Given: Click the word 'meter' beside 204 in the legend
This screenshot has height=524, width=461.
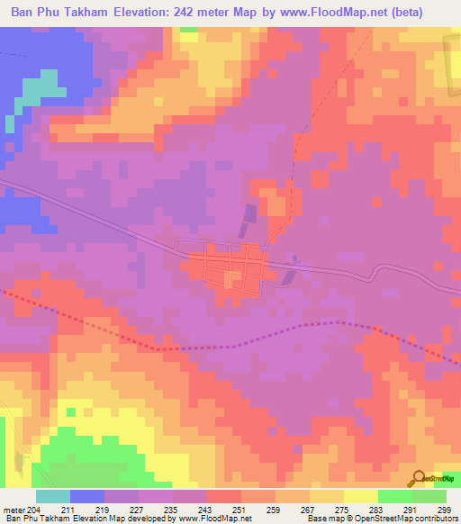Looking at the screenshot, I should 15,509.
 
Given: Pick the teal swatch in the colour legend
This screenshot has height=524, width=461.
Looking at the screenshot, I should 52,496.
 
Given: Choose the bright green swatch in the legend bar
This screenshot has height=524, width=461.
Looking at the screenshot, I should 393,496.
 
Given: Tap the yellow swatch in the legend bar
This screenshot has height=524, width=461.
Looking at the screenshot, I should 359,496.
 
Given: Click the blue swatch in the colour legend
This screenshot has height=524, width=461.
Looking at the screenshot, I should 86,496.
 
